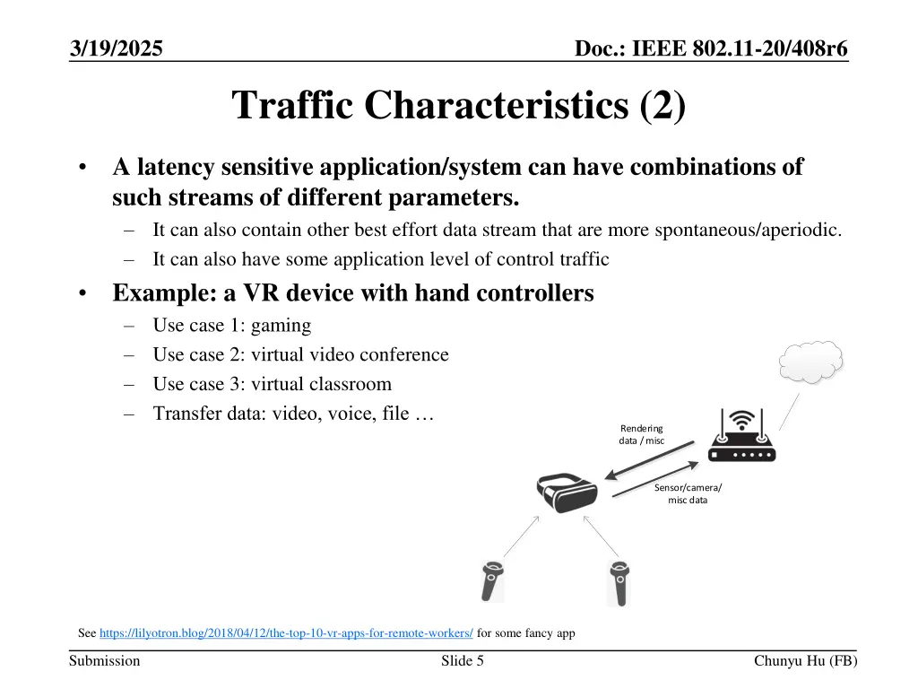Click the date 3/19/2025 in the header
click(117, 49)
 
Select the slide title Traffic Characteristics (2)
click(459, 105)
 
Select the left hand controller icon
click(492, 582)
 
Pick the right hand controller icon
click(618, 582)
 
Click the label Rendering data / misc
click(641, 434)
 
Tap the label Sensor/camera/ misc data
click(688, 493)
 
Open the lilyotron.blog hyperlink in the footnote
click(286, 633)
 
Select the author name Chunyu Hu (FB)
click(805, 661)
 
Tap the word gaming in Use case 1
click(281, 325)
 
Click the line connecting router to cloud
click(788, 411)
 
